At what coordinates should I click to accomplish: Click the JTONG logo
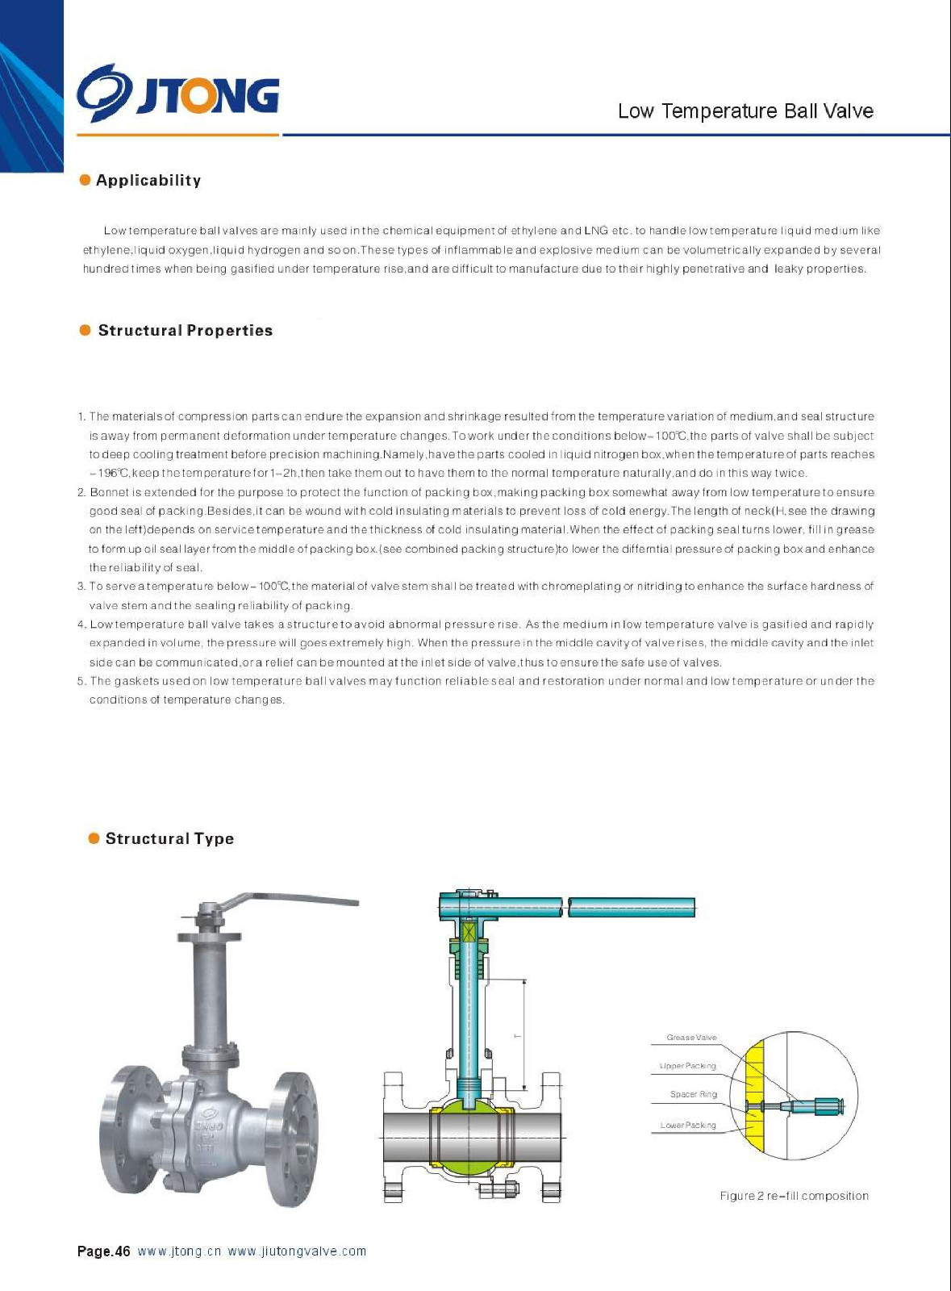point(178,95)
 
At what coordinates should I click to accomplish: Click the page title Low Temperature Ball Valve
point(745,111)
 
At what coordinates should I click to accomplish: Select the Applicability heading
point(148,181)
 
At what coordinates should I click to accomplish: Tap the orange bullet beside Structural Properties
point(85,330)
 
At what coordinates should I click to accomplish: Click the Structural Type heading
point(169,839)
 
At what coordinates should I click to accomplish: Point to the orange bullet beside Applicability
point(85,180)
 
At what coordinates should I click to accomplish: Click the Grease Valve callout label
point(691,1038)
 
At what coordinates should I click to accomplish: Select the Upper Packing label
point(687,1066)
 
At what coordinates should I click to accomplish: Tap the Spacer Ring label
point(693,1094)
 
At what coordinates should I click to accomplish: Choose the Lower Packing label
point(688,1125)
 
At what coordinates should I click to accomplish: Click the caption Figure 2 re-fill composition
point(794,1196)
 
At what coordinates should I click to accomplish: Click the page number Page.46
point(103,1251)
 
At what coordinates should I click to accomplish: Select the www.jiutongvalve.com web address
point(297,1251)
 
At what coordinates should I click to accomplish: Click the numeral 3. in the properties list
point(81,587)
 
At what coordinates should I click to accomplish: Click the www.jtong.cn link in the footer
point(179,1251)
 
